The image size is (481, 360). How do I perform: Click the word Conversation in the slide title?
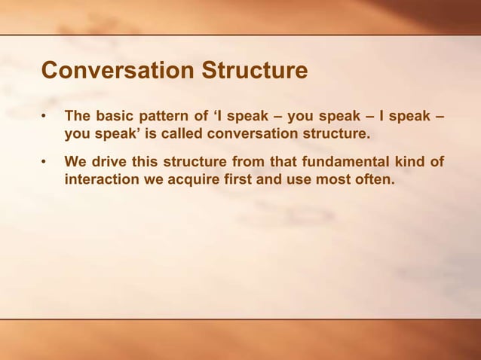(x=119, y=71)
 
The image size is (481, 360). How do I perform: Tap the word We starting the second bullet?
(x=75, y=163)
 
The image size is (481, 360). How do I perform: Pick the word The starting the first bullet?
(x=79, y=117)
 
